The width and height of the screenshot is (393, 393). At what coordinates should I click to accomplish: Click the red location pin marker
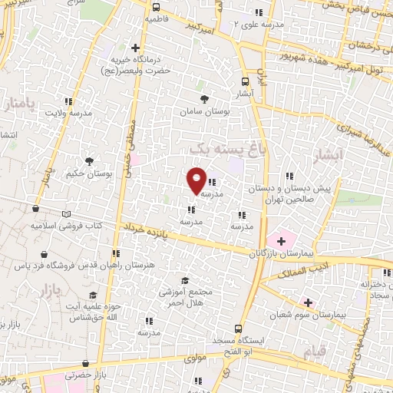point(196,180)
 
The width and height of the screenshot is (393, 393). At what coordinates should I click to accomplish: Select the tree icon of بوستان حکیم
point(91,161)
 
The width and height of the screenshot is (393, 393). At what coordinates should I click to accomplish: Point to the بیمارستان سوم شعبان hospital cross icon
point(308,302)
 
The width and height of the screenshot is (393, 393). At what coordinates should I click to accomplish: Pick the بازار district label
point(48,292)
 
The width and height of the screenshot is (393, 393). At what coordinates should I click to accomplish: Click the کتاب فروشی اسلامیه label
point(66,226)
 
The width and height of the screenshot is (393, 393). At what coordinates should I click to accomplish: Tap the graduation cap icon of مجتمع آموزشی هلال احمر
point(183,281)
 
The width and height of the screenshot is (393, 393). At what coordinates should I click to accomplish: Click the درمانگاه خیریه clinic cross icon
point(136,48)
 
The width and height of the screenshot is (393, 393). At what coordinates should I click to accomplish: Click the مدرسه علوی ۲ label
point(259,25)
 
